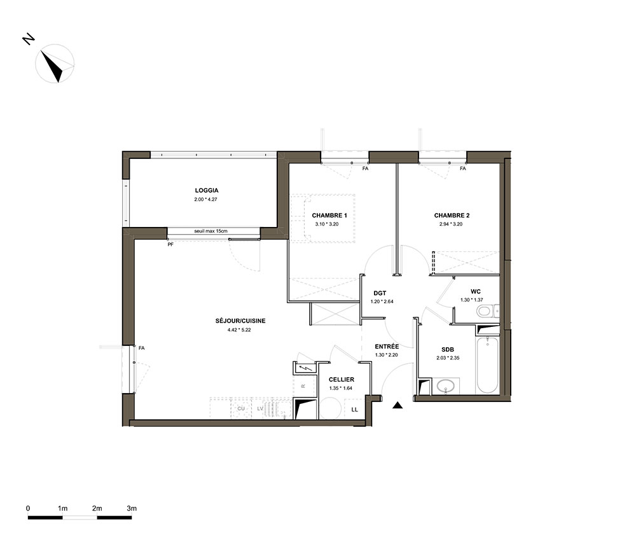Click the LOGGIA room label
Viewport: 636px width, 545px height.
[207, 190]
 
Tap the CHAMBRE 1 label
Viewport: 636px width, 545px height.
[329, 216]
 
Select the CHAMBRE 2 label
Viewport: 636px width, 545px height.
[452, 216]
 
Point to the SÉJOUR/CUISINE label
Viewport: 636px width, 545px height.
[240, 321]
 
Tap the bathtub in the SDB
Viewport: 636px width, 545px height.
[487, 364]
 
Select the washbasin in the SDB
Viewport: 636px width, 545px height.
[446, 386]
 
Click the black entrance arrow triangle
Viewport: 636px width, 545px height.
[397, 405]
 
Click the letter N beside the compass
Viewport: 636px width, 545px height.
[29, 39]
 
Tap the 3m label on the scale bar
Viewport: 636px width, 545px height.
[132, 508]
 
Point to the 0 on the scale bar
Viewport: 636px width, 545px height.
[28, 508]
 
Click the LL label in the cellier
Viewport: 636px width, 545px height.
[354, 410]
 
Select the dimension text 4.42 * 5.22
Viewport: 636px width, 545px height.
[239, 329]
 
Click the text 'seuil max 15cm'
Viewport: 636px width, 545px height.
[211, 231]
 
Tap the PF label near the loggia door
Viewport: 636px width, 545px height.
[170, 245]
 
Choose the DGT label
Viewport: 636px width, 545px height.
[380, 293]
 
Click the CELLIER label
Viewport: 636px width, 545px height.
[342, 380]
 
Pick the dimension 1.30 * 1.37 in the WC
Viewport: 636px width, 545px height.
[472, 300]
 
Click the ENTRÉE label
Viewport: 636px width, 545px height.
[387, 347]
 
